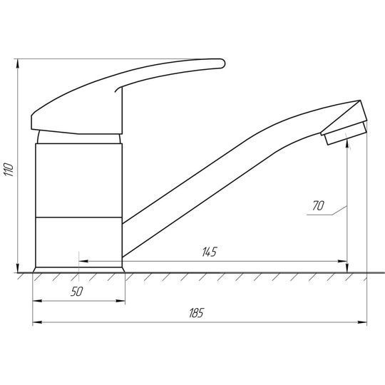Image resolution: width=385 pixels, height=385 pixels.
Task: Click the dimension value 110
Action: pyautogui.click(x=9, y=169)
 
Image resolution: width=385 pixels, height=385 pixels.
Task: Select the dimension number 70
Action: pyautogui.click(x=318, y=206)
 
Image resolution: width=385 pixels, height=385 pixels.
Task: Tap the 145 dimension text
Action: pyautogui.click(x=210, y=252)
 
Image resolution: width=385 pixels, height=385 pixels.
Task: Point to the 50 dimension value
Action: pyautogui.click(x=77, y=292)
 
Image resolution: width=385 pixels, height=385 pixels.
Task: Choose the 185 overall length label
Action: pyautogui.click(x=197, y=313)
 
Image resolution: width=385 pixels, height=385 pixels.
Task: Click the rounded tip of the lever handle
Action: pyautogui.click(x=222, y=63)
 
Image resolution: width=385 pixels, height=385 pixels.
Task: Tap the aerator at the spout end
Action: pyautogui.click(x=346, y=133)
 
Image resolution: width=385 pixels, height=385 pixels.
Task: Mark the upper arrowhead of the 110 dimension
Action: pyautogui.click(x=17, y=64)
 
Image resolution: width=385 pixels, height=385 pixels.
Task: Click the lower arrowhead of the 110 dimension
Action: pyautogui.click(x=17, y=268)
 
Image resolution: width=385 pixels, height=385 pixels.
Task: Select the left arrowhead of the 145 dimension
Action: pyautogui.click(x=83, y=261)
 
